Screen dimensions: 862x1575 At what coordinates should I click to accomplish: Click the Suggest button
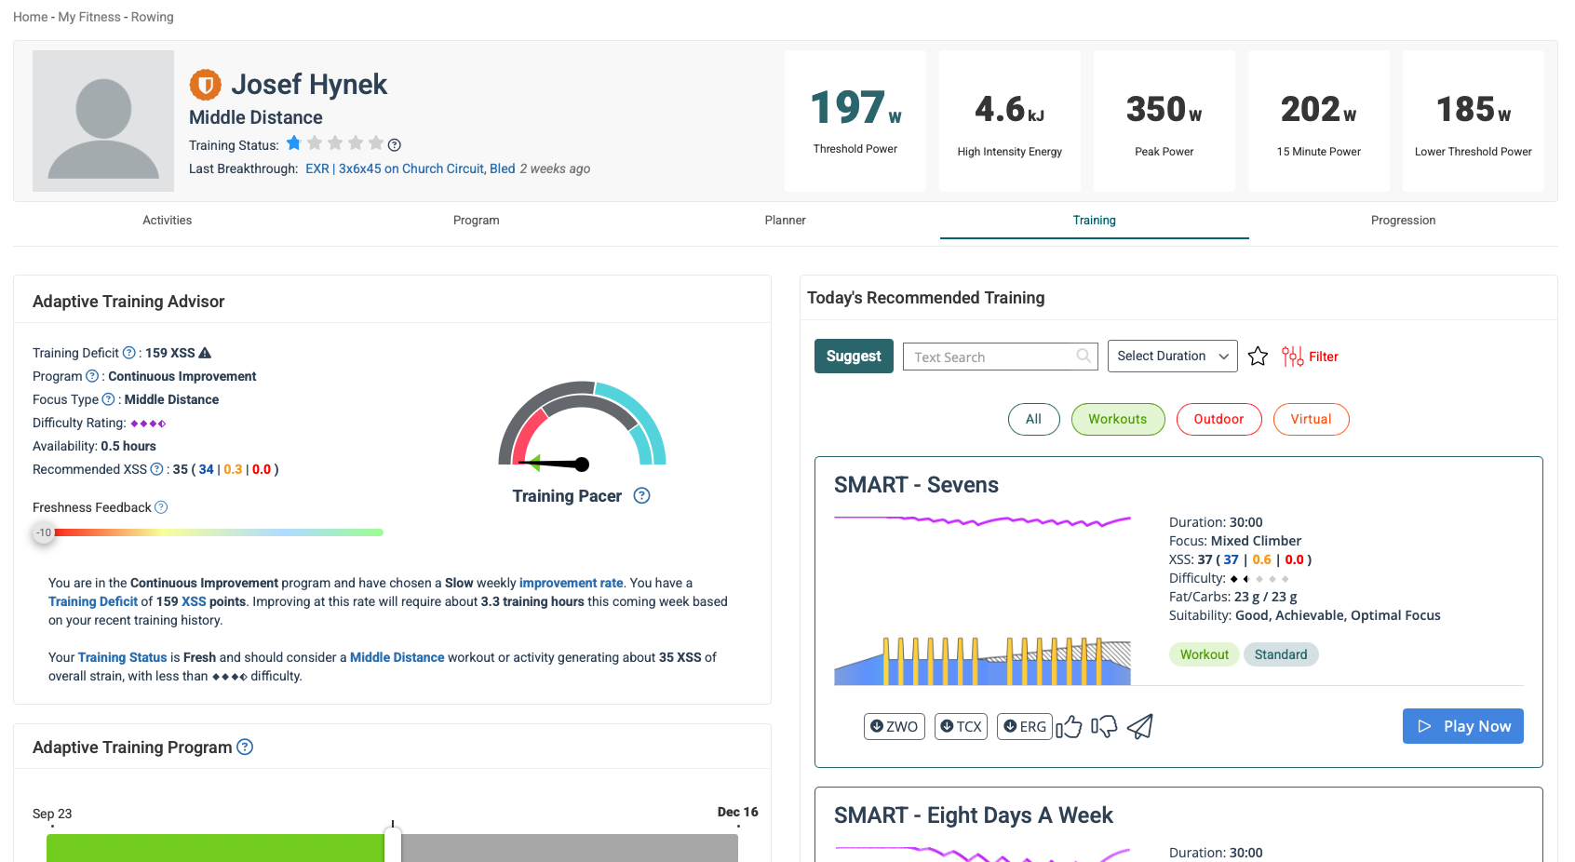click(854, 357)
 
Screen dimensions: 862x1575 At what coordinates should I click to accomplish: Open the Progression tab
click(1403, 221)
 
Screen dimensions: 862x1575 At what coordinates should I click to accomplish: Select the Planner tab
click(785, 221)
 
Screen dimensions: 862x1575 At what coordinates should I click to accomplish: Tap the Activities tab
click(168, 221)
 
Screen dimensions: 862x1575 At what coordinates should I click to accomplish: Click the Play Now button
click(1462, 726)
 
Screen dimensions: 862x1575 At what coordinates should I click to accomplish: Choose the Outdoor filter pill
click(1218, 419)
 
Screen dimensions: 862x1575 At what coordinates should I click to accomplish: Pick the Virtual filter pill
click(1311, 419)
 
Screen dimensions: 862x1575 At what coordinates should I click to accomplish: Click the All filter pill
click(1033, 419)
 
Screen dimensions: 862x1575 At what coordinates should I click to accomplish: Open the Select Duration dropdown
click(1172, 357)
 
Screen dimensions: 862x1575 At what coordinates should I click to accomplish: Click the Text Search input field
click(991, 357)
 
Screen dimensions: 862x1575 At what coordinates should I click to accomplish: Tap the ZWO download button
click(894, 726)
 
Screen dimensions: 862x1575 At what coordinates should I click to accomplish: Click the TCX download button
click(961, 726)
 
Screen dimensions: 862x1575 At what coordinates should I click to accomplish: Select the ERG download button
click(1024, 726)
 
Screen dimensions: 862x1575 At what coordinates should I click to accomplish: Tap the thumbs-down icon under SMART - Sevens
click(1104, 726)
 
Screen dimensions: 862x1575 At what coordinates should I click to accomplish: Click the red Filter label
click(1323, 357)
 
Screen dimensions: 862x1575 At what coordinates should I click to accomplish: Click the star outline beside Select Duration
click(1258, 357)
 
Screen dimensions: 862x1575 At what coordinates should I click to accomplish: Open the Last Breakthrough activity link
click(410, 168)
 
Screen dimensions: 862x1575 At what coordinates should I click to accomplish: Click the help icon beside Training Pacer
click(641, 495)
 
